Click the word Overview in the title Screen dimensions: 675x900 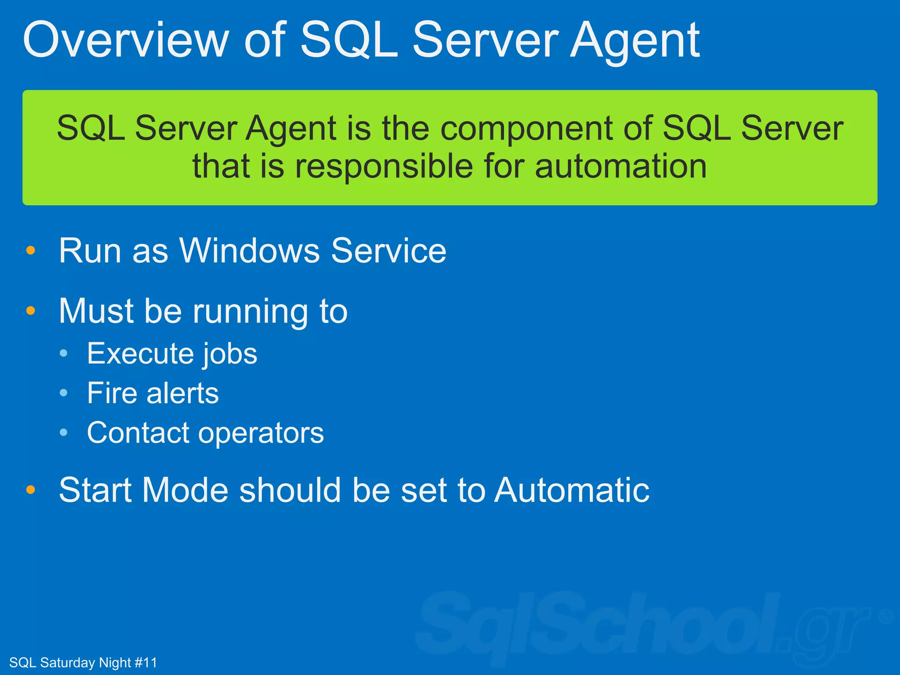coord(126,40)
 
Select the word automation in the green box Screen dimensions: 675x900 coord(621,167)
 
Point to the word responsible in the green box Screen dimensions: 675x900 coord(385,167)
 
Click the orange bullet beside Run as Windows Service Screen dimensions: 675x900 coord(30,250)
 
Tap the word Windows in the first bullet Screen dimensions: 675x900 coord(250,250)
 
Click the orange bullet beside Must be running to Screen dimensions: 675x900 coord(30,311)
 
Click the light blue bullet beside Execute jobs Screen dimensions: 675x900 coord(64,353)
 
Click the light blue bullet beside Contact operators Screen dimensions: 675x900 coord(64,432)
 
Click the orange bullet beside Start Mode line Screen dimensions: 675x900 coord(30,490)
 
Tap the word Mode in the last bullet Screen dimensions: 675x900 coord(185,490)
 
